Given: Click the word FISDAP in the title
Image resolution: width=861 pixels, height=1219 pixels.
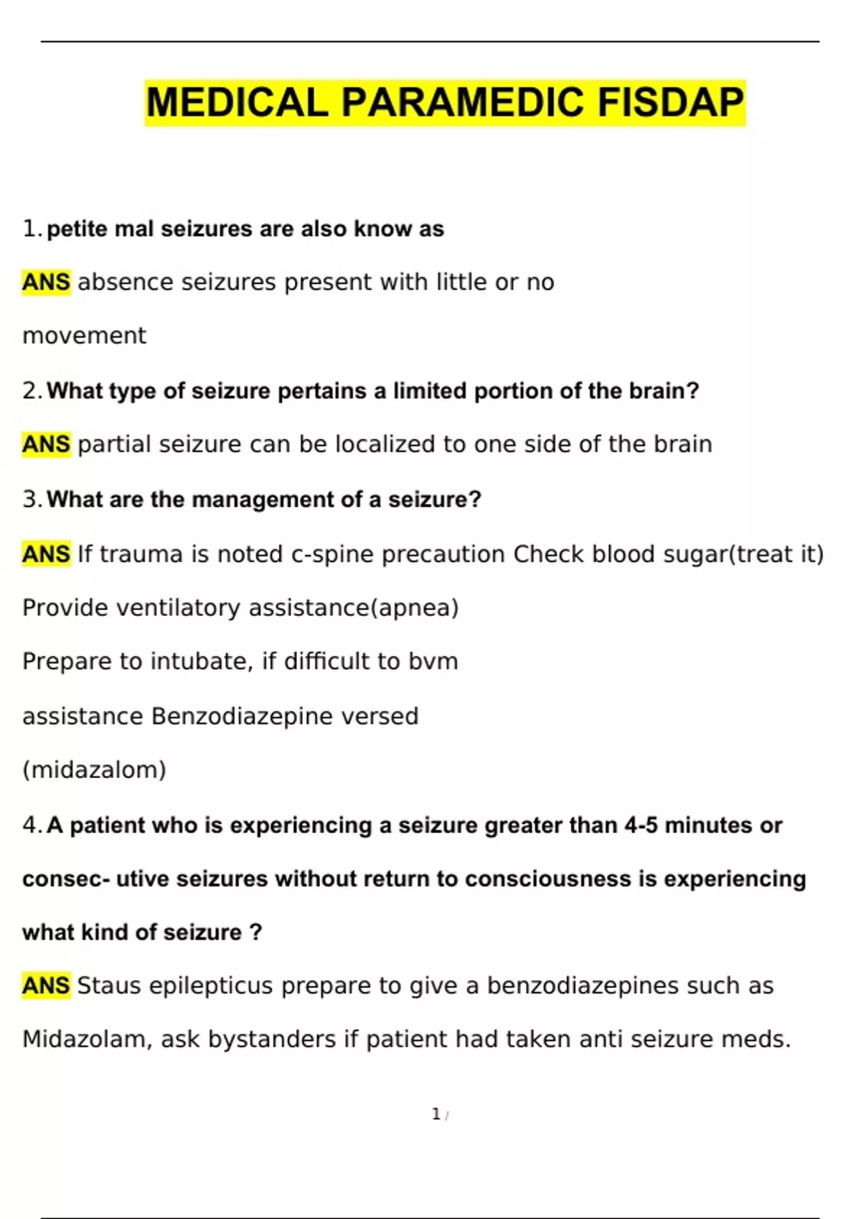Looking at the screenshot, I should [670, 103].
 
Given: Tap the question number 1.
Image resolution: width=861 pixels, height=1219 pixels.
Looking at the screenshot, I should [30, 229].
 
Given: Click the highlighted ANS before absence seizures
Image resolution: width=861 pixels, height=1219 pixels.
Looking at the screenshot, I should [46, 283].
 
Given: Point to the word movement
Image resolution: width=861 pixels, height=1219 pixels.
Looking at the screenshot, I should [84, 336].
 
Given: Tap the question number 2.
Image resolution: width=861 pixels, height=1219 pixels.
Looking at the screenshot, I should [31, 391].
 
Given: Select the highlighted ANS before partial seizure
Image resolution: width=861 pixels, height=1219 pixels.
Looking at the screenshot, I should [46, 445].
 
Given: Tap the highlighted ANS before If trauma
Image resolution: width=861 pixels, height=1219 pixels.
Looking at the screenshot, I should [46, 554].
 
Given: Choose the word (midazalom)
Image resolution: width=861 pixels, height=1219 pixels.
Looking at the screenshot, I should [94, 770].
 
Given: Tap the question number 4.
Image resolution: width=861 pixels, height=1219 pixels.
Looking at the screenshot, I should [31, 825].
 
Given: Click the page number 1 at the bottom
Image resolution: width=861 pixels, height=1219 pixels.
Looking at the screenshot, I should [436, 1114].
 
